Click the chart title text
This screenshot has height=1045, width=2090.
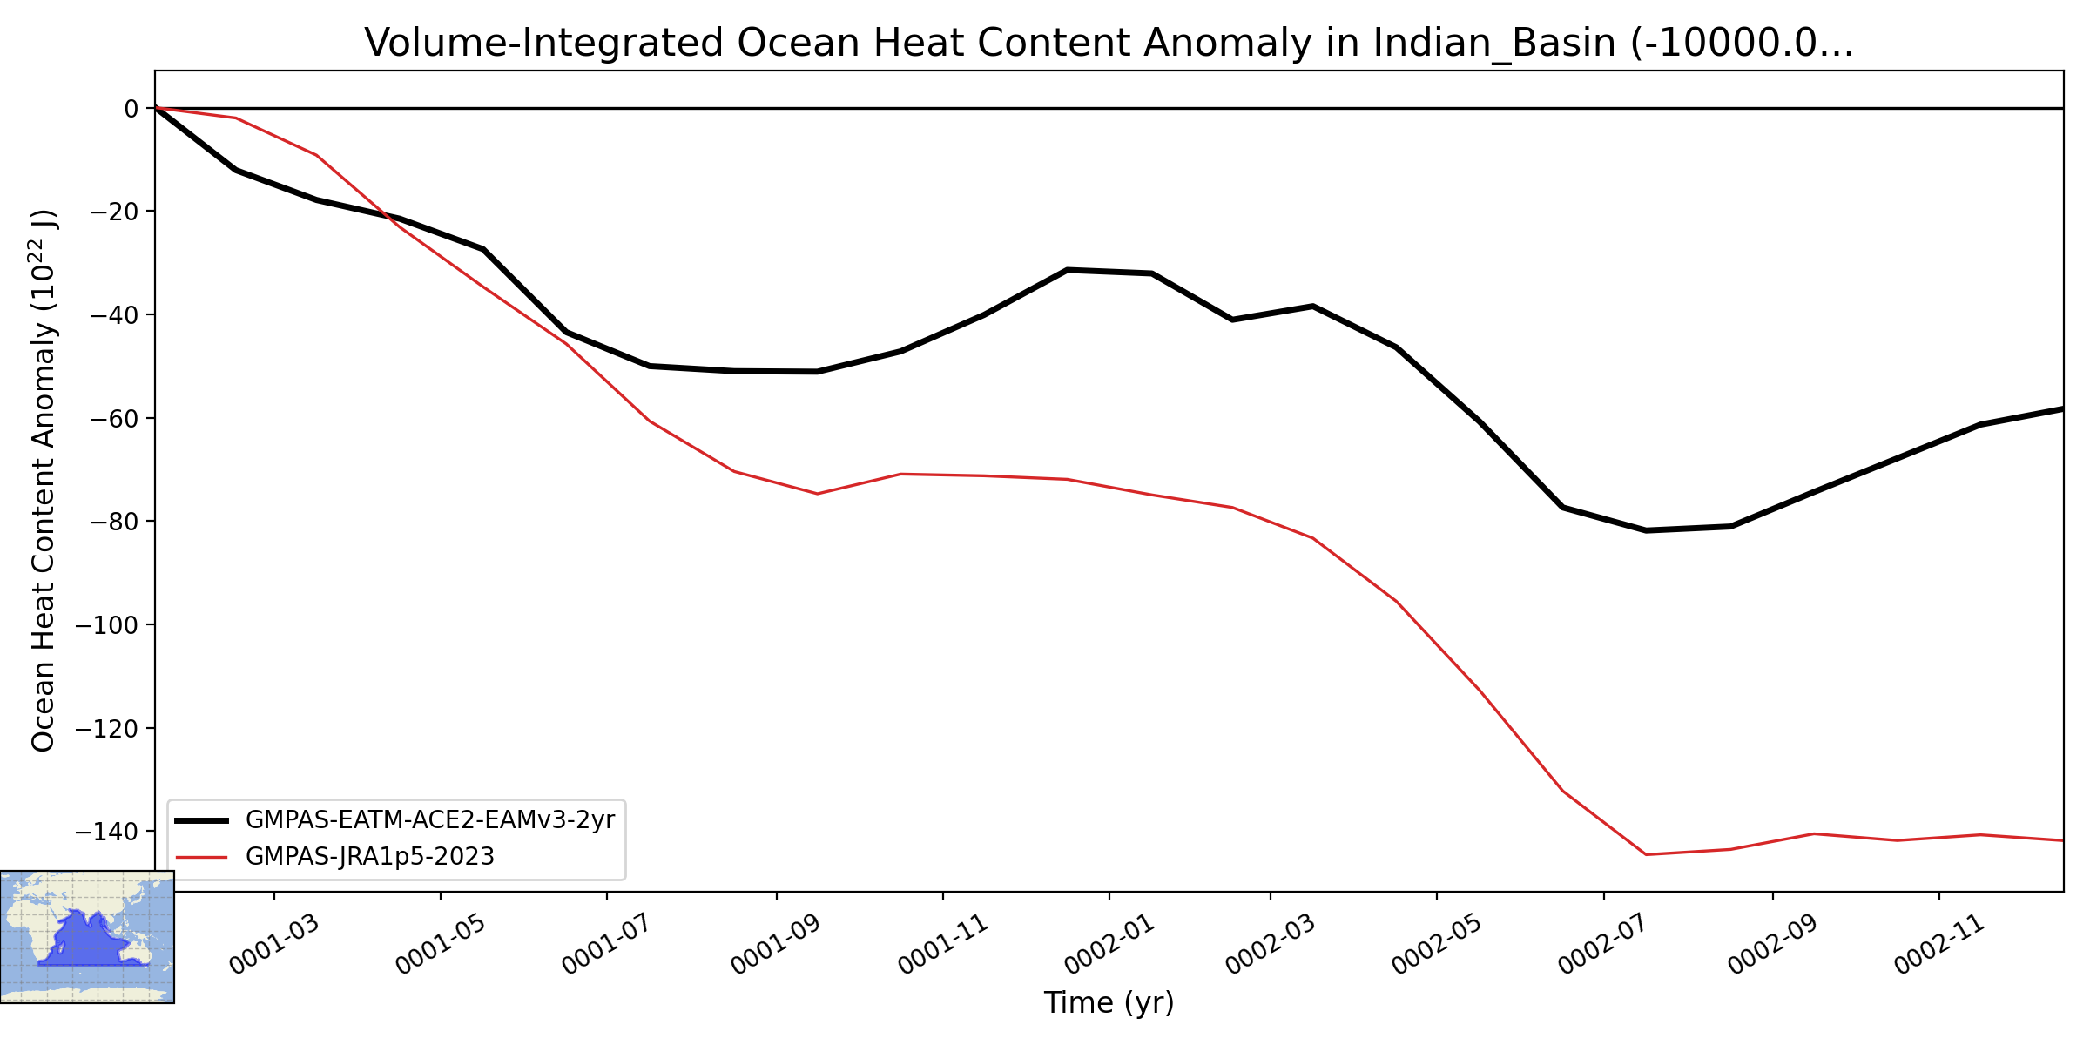[x=1109, y=43]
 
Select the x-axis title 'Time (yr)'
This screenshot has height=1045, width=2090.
[x=1109, y=1002]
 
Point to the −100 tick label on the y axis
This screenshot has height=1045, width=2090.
[x=108, y=625]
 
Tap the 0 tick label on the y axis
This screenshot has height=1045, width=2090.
[x=131, y=109]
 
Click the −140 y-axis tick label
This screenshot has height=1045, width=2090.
[x=108, y=832]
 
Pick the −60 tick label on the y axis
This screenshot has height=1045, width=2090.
[x=115, y=419]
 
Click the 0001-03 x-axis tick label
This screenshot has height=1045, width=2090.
[x=273, y=944]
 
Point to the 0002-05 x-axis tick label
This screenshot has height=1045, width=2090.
[x=1436, y=944]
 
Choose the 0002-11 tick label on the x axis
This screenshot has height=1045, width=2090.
[x=1938, y=944]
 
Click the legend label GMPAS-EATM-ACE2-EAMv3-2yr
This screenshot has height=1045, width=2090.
[x=430, y=820]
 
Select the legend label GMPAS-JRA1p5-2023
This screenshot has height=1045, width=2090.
[x=370, y=857]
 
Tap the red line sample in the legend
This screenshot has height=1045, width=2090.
[x=201, y=857]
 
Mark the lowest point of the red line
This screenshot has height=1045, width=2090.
[x=1645, y=854]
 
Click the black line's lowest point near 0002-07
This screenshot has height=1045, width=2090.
[x=1645, y=530]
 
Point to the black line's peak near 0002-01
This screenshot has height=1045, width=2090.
[x=1068, y=270]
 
